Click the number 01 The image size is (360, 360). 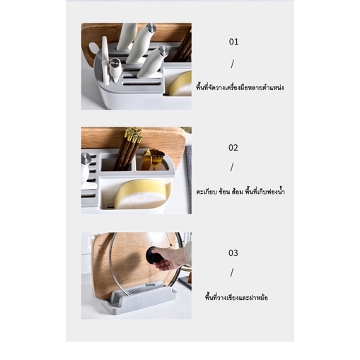[x=233, y=42]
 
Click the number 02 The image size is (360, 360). [x=233, y=148]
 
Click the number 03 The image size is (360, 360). [x=233, y=253]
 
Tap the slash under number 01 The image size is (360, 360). [x=233, y=64]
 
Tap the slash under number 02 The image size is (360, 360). [x=232, y=168]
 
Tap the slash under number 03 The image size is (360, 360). [x=232, y=272]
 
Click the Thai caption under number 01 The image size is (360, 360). [x=240, y=88]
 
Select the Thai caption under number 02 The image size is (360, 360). [x=240, y=191]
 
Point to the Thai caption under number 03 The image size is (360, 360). [x=236, y=297]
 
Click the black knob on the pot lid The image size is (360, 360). [x=153, y=255]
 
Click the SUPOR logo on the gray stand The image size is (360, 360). [x=150, y=285]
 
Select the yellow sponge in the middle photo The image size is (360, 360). [x=143, y=193]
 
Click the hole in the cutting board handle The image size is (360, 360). [x=92, y=49]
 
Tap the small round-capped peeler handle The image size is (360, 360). [x=115, y=70]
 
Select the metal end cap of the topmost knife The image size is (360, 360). [x=151, y=27]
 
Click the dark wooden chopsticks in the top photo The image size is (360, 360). [x=183, y=46]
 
